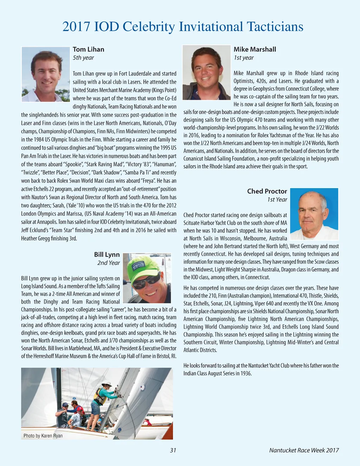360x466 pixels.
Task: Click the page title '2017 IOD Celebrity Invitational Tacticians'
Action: point(182,27)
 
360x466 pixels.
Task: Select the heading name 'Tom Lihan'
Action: point(88,49)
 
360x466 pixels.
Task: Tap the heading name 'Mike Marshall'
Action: point(255,49)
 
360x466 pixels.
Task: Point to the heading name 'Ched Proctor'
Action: point(267,191)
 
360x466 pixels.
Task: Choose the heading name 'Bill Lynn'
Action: point(107,255)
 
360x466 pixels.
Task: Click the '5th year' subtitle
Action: point(83,58)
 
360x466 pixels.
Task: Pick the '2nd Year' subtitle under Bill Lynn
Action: point(108,263)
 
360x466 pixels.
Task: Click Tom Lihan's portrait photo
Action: point(46,74)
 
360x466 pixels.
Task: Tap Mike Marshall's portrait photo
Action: point(206,72)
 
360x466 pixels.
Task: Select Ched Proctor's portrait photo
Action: point(314,214)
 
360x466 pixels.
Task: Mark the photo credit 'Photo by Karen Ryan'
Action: point(43,436)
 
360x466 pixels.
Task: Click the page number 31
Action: point(173,450)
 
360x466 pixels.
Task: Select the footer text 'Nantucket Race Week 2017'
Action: point(304,450)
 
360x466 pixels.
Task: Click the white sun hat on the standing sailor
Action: point(106,384)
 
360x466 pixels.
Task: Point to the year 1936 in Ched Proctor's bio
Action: point(246,374)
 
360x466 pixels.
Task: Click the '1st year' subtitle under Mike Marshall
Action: point(244,58)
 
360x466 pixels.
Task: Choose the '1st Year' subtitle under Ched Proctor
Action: point(277,200)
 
